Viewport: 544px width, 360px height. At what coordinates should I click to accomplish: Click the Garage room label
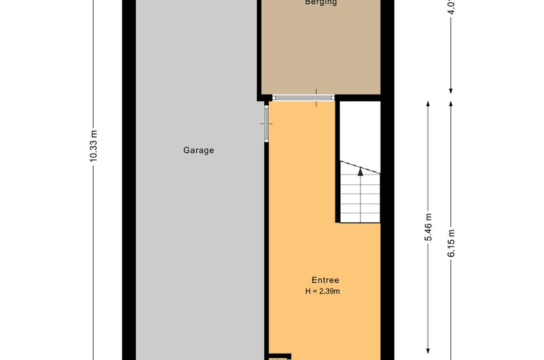(x=199, y=150)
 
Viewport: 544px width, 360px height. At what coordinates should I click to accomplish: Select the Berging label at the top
(x=321, y=3)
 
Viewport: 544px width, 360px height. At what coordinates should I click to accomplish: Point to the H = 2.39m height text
(x=323, y=291)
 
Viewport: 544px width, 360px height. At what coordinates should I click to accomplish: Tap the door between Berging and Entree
(x=303, y=98)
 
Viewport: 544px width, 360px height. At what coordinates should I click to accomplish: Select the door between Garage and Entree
(x=266, y=123)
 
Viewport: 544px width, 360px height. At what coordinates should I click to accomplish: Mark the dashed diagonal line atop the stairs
(x=360, y=168)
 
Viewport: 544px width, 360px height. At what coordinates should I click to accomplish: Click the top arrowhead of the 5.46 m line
(x=428, y=104)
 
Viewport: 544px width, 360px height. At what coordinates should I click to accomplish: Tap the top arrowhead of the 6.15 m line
(x=451, y=104)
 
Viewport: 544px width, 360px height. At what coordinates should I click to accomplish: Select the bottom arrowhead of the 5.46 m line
(x=428, y=351)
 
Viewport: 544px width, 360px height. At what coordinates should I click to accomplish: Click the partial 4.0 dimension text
(x=451, y=7)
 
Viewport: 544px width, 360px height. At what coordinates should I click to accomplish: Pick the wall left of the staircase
(x=338, y=161)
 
